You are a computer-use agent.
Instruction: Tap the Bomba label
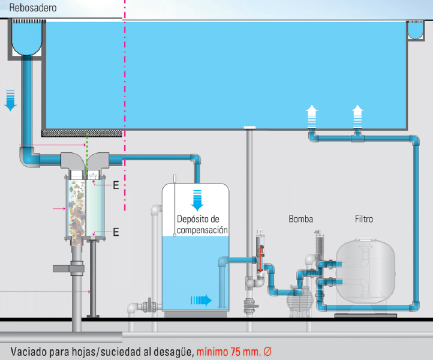tap(300, 219)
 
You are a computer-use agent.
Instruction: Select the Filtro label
tap(363, 219)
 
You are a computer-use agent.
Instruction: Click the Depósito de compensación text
tap(202, 224)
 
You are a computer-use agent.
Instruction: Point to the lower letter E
tap(116, 232)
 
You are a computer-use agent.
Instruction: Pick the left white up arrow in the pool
tap(311, 115)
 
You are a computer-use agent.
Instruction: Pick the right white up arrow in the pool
tap(357, 115)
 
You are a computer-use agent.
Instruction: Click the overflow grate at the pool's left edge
tap(26, 22)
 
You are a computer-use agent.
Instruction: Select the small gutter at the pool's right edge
tap(415, 31)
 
